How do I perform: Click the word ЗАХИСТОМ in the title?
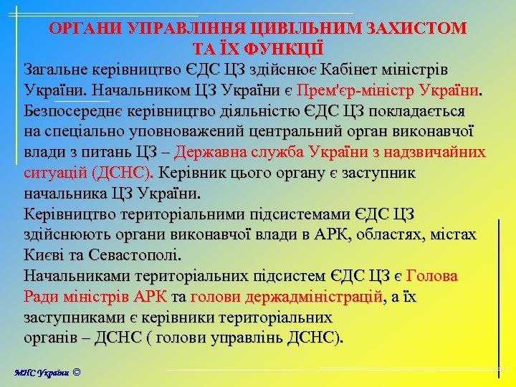[x=417, y=29]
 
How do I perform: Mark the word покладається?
[x=416, y=113]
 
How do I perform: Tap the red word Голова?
[x=432, y=276]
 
